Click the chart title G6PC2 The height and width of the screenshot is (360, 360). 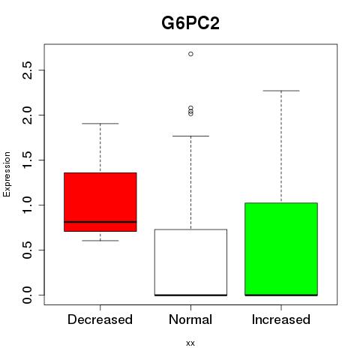click(x=190, y=23)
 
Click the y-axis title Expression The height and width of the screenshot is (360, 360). click(x=7, y=174)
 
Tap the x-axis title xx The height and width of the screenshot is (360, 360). click(x=190, y=343)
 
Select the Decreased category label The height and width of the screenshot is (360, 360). click(x=100, y=319)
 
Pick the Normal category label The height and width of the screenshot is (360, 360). click(x=190, y=319)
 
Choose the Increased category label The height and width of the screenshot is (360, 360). click(x=281, y=319)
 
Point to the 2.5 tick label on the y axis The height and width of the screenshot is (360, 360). click(x=27, y=70)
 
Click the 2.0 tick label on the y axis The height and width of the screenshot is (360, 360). click(x=27, y=115)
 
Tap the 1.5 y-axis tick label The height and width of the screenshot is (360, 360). click(x=27, y=160)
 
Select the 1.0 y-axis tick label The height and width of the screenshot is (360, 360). click(x=27, y=205)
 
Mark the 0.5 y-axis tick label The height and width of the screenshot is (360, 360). click(x=27, y=250)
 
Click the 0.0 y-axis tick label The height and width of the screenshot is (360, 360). click(x=27, y=295)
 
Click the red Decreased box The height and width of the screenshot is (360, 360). click(x=100, y=202)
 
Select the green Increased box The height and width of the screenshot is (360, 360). click(x=281, y=249)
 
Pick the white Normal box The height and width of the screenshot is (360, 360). click(x=190, y=262)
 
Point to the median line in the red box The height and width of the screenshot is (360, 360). click(x=100, y=222)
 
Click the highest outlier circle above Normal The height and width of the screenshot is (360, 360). click(x=190, y=54)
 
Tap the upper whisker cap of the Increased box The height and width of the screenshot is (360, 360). click(x=281, y=91)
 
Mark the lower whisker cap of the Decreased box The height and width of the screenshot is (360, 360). click(x=100, y=241)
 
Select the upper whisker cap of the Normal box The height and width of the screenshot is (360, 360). click(x=190, y=136)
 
